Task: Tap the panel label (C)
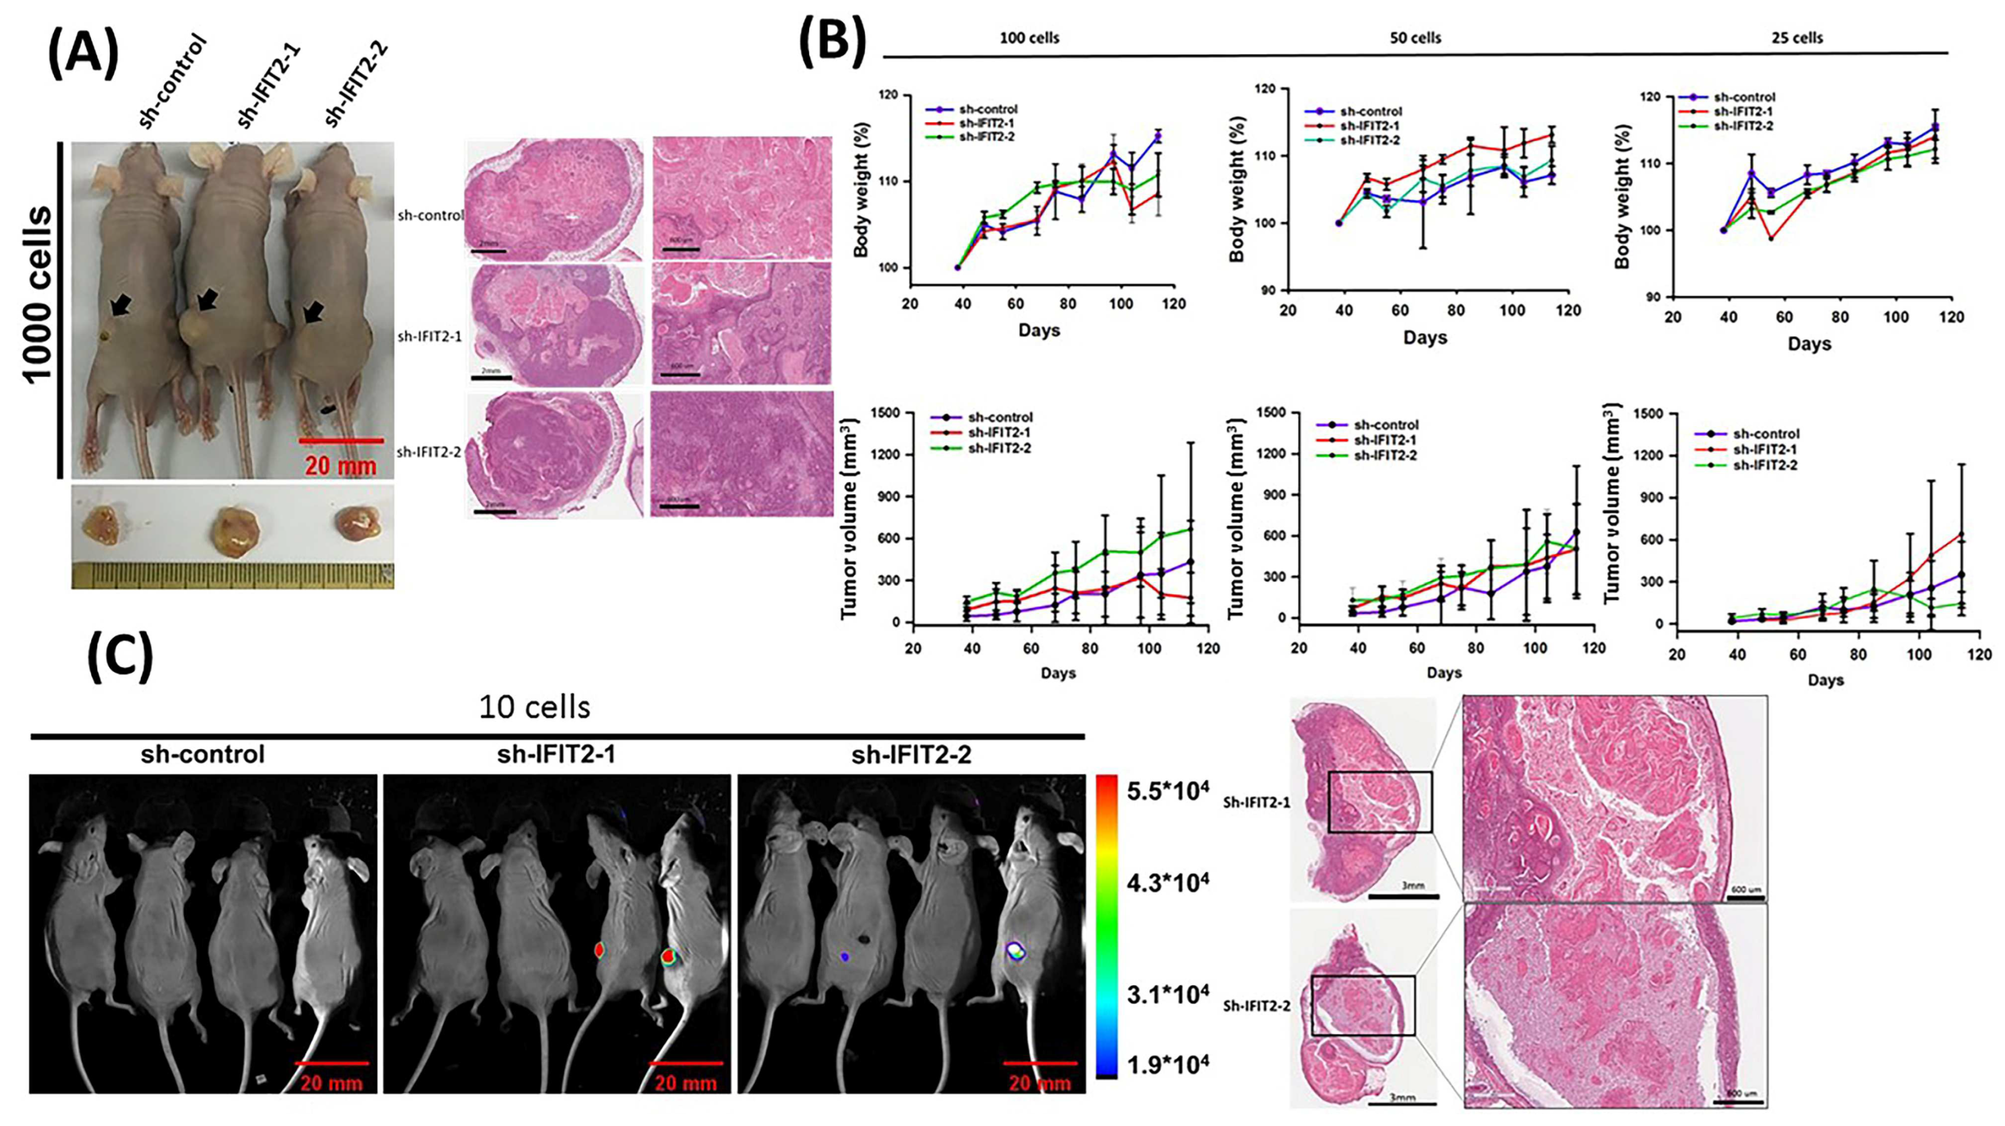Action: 120,658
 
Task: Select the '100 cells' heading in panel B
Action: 1029,37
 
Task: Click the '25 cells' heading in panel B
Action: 1797,37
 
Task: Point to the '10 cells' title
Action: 535,707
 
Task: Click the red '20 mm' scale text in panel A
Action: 340,466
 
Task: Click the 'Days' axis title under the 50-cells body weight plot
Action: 1424,337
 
